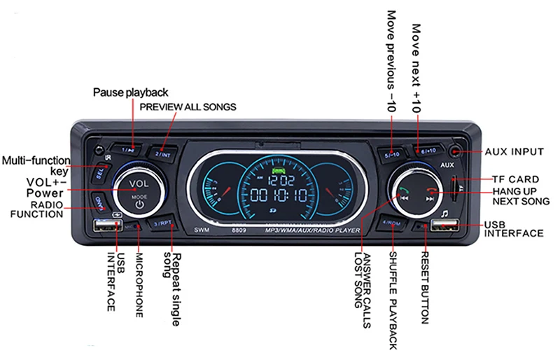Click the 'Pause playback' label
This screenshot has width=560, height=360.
131,92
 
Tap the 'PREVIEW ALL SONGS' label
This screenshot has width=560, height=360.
188,106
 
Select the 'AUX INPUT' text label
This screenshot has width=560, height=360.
514,151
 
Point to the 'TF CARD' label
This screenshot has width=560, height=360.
515,179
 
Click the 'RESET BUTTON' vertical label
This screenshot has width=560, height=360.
425,287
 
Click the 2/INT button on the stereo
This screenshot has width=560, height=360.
163,153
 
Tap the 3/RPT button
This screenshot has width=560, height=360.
162,223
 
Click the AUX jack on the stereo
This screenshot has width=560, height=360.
456,151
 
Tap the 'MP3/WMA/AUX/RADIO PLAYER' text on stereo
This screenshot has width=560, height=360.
312,230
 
